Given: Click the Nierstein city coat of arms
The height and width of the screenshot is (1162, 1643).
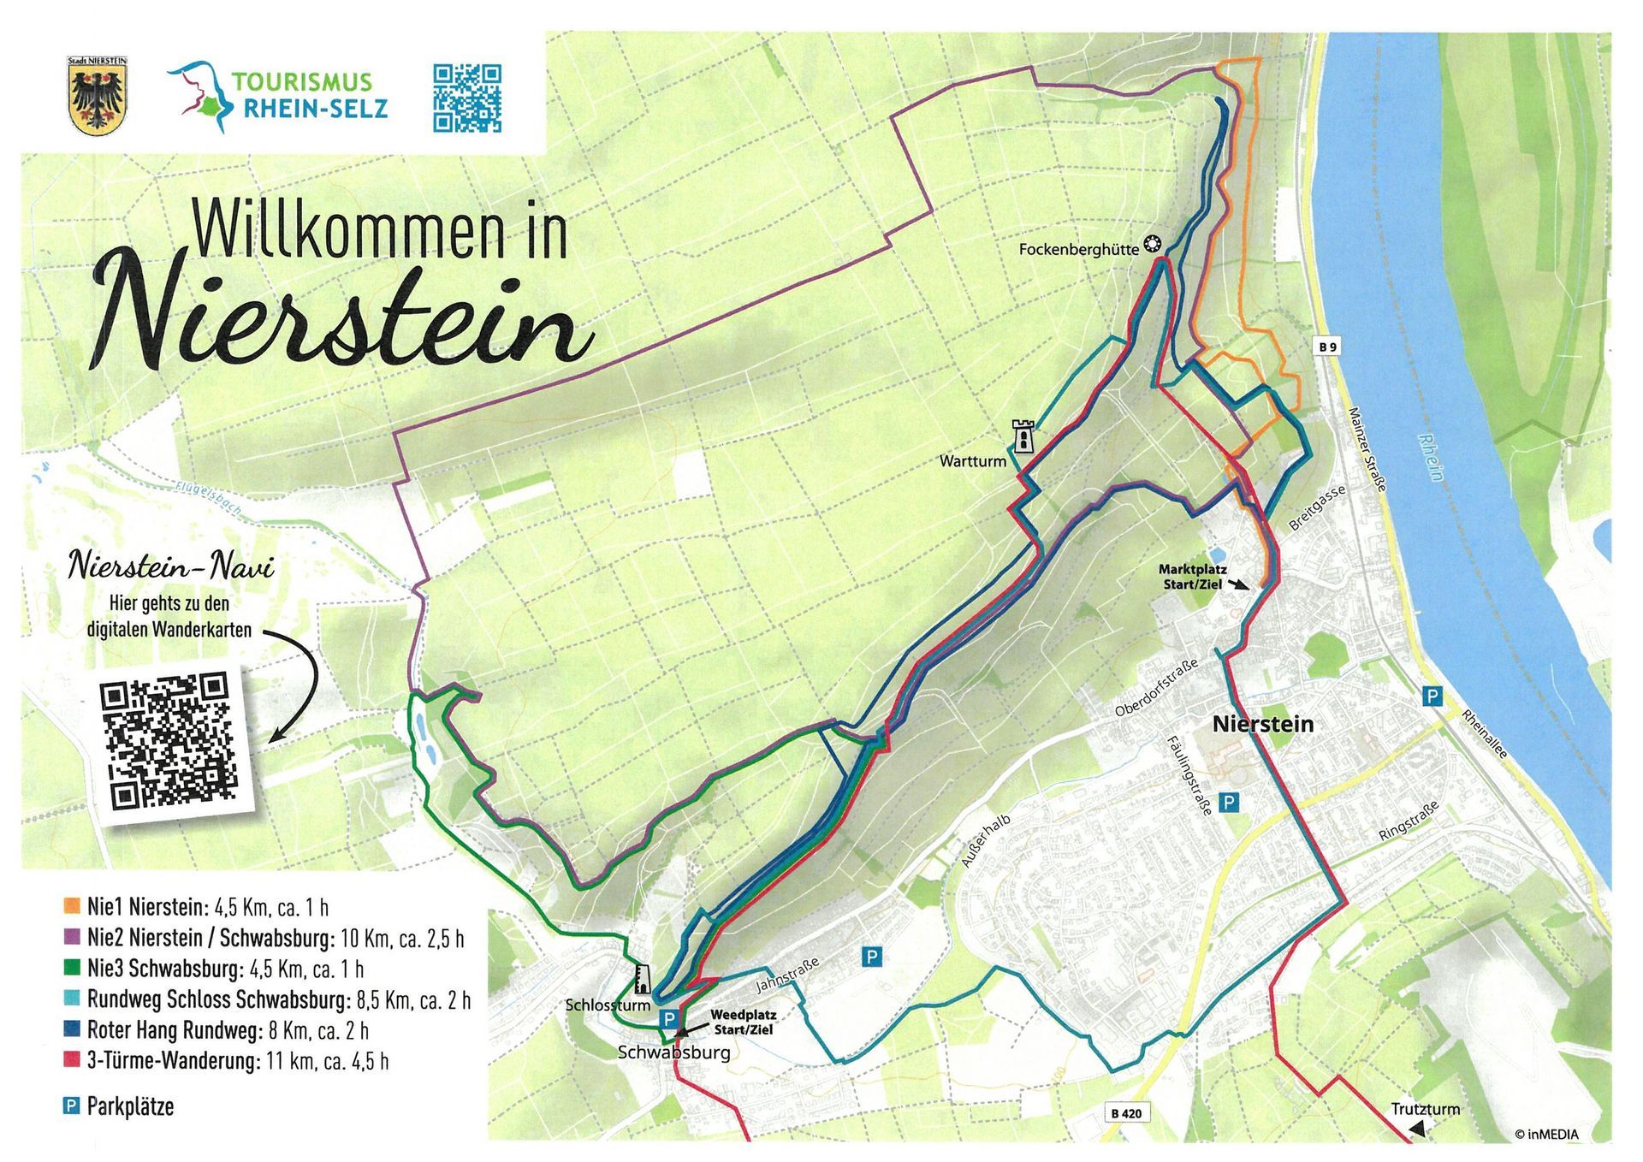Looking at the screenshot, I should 97,95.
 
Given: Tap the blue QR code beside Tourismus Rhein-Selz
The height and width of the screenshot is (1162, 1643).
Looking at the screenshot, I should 466,98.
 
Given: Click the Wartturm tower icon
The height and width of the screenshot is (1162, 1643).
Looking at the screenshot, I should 1023,436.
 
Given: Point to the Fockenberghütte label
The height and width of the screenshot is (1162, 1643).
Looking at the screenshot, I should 1078,249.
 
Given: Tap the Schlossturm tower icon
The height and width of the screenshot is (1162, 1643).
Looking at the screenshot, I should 642,978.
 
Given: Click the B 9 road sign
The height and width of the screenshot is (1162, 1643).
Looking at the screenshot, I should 1327,347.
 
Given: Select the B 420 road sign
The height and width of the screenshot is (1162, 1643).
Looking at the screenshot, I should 1126,1113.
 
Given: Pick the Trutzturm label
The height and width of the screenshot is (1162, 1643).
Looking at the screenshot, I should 1425,1109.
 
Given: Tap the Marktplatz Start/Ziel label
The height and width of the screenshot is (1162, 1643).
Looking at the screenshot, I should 1192,576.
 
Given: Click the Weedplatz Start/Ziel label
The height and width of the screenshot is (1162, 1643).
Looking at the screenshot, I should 743,1022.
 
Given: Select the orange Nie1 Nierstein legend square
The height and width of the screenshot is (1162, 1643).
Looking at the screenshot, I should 72,906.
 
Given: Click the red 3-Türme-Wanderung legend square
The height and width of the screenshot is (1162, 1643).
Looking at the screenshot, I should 72,1061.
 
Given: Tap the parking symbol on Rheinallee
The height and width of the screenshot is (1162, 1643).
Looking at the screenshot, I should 1431,697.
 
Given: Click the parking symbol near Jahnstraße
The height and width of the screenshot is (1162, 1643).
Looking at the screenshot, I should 871,957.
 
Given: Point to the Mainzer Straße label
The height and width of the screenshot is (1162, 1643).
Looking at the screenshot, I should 1366,448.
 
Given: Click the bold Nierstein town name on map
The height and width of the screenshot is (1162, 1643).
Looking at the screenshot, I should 1262,725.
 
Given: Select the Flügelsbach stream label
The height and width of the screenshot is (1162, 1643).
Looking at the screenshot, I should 208,499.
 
